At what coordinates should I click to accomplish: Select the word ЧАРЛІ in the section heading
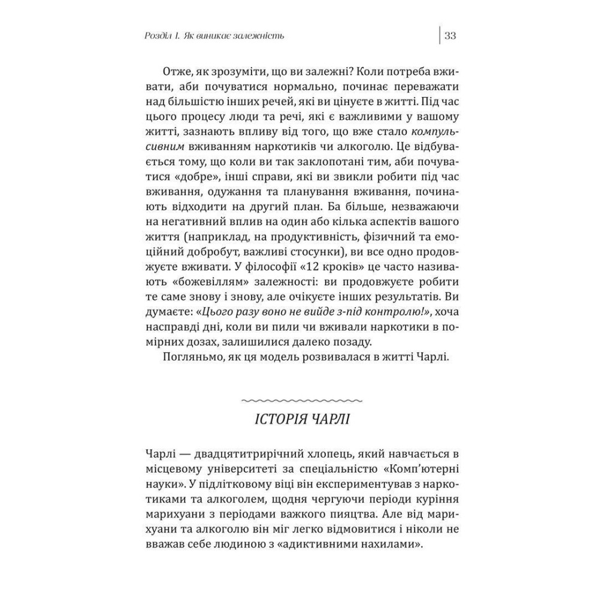(x=329, y=419)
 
